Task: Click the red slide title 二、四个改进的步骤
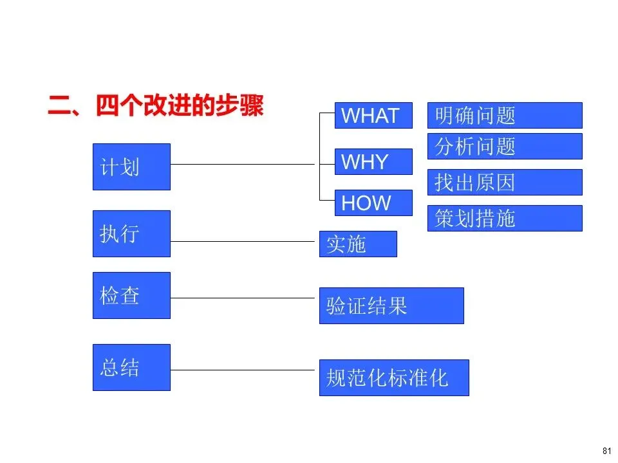(x=156, y=106)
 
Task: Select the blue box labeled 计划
(x=131, y=167)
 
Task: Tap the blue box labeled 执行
(x=131, y=233)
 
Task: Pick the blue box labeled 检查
(x=131, y=295)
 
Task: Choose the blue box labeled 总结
(x=131, y=367)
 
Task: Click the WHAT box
(x=373, y=116)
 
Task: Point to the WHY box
(x=373, y=161)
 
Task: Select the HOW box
(x=373, y=203)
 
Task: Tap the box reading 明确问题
(x=505, y=116)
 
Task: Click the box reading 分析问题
(x=505, y=146)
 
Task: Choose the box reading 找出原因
(x=505, y=182)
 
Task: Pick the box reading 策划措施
(x=505, y=218)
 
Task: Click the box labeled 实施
(x=358, y=244)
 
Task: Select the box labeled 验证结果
(x=391, y=305)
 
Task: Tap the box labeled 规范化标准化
(x=394, y=377)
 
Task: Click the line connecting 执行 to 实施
(x=245, y=241)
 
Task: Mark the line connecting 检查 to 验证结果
(x=245, y=298)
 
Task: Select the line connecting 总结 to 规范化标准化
(x=245, y=370)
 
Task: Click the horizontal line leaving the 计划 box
(x=245, y=164)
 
